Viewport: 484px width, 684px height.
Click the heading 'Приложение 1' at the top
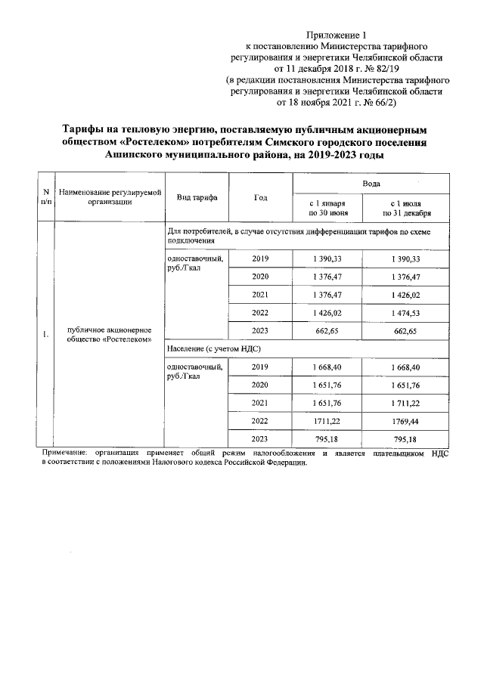338,35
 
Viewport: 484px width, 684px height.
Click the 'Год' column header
261,197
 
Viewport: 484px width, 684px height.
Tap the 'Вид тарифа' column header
197,197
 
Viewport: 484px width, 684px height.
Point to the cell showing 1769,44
405,419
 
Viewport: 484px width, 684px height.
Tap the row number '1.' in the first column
46,333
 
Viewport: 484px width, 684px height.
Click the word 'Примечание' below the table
65,453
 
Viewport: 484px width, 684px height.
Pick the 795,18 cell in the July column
405,438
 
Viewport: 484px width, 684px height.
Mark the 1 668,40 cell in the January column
328,367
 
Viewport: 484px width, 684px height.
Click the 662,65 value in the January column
328,330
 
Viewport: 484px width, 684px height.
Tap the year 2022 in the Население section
261,419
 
